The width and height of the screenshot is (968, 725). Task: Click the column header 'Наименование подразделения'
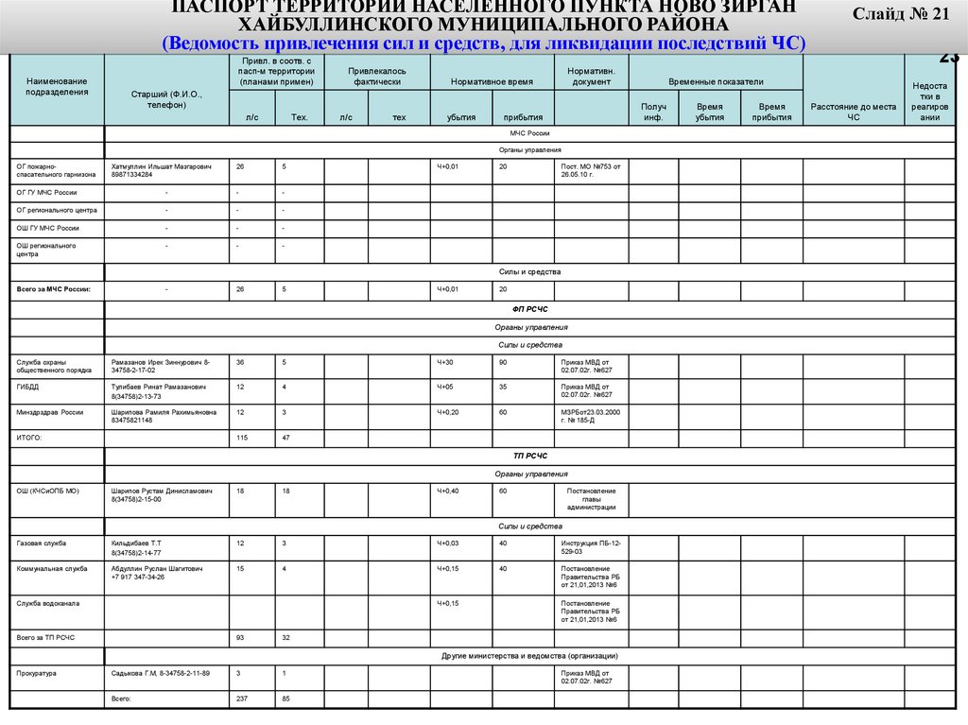click(57, 87)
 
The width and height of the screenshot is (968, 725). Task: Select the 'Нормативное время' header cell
click(492, 82)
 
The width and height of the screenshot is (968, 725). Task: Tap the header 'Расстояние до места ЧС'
click(854, 112)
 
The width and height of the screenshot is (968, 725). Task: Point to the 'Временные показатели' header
click(716, 82)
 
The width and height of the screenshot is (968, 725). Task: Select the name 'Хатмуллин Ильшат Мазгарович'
click(161, 166)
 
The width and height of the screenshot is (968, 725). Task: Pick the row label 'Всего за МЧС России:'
click(54, 289)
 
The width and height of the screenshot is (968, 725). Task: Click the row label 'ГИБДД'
click(27, 387)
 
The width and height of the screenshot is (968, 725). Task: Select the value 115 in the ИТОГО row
click(242, 439)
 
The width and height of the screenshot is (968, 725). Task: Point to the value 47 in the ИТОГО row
click(286, 439)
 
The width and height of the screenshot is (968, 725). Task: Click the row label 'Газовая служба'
click(40, 544)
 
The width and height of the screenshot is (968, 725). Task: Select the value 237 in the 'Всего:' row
click(242, 699)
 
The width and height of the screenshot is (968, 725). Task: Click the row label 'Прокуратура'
click(37, 673)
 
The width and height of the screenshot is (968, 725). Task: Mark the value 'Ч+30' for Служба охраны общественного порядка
click(445, 362)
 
